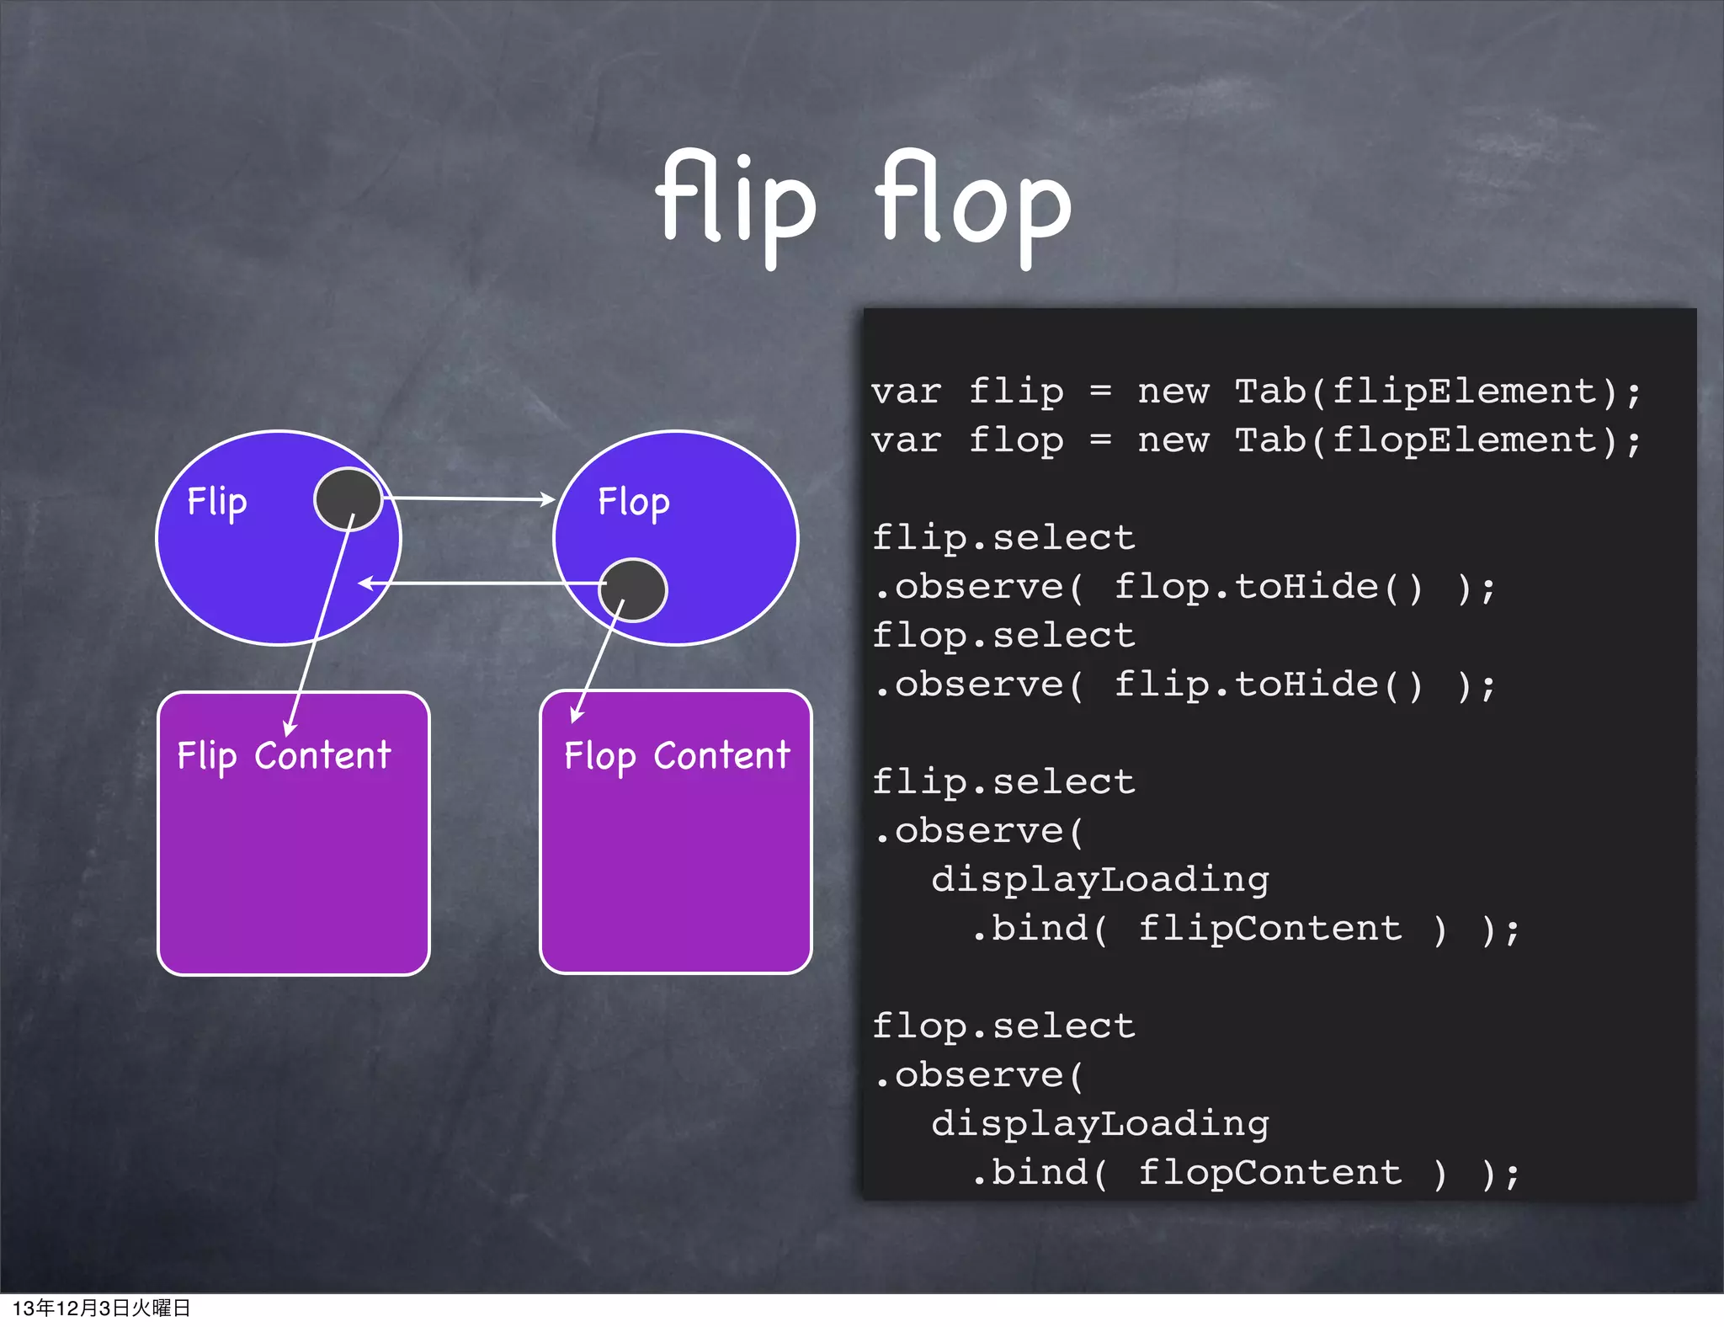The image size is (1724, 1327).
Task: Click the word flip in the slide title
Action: coord(736,202)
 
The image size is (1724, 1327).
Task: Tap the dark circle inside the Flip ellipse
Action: coord(348,498)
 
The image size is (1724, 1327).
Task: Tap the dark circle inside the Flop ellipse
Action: coord(633,589)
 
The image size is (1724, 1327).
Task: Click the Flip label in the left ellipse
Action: coord(216,502)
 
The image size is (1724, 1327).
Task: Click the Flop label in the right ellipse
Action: coord(633,503)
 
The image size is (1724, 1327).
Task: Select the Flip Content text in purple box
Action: coord(284,755)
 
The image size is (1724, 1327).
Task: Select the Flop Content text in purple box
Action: coord(677,755)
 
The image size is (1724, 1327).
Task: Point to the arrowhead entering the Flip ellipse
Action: coord(365,583)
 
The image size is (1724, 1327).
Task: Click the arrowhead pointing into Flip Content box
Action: coord(290,729)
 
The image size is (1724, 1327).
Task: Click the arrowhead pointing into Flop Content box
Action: coord(576,715)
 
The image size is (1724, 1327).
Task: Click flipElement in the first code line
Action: coord(1464,392)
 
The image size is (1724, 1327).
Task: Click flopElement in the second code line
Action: coord(1464,440)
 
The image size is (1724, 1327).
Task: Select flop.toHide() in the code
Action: coord(1268,587)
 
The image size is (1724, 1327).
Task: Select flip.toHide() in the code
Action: coord(1268,685)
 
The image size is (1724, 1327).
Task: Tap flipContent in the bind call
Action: coord(1269,929)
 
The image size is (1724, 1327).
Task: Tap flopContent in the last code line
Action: coord(1269,1173)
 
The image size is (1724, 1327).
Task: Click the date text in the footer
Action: coord(101,1308)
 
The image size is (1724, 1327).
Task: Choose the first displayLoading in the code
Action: coord(1099,880)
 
